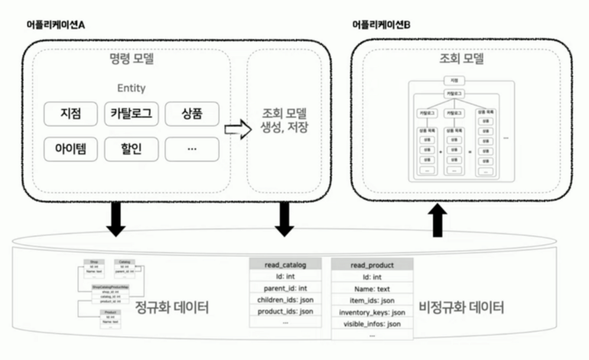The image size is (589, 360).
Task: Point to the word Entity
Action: pos(132,88)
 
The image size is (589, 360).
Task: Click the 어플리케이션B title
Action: pos(382,25)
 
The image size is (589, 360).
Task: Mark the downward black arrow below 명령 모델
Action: pos(116,220)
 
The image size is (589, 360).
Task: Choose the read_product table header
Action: pos(372,264)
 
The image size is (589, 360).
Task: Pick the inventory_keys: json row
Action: pos(372,312)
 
